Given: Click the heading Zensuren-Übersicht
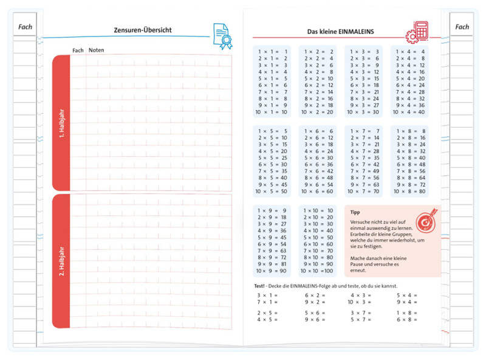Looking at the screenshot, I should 143,30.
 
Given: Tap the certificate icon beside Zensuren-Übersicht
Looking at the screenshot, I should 222,35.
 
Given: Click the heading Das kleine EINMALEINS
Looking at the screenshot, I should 340,31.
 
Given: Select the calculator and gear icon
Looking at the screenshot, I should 417,32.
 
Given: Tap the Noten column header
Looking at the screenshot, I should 96,50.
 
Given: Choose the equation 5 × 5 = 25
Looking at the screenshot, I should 272,157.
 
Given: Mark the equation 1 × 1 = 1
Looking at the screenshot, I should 272,52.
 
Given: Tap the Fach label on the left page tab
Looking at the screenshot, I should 26,27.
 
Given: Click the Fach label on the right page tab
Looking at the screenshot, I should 462,27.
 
